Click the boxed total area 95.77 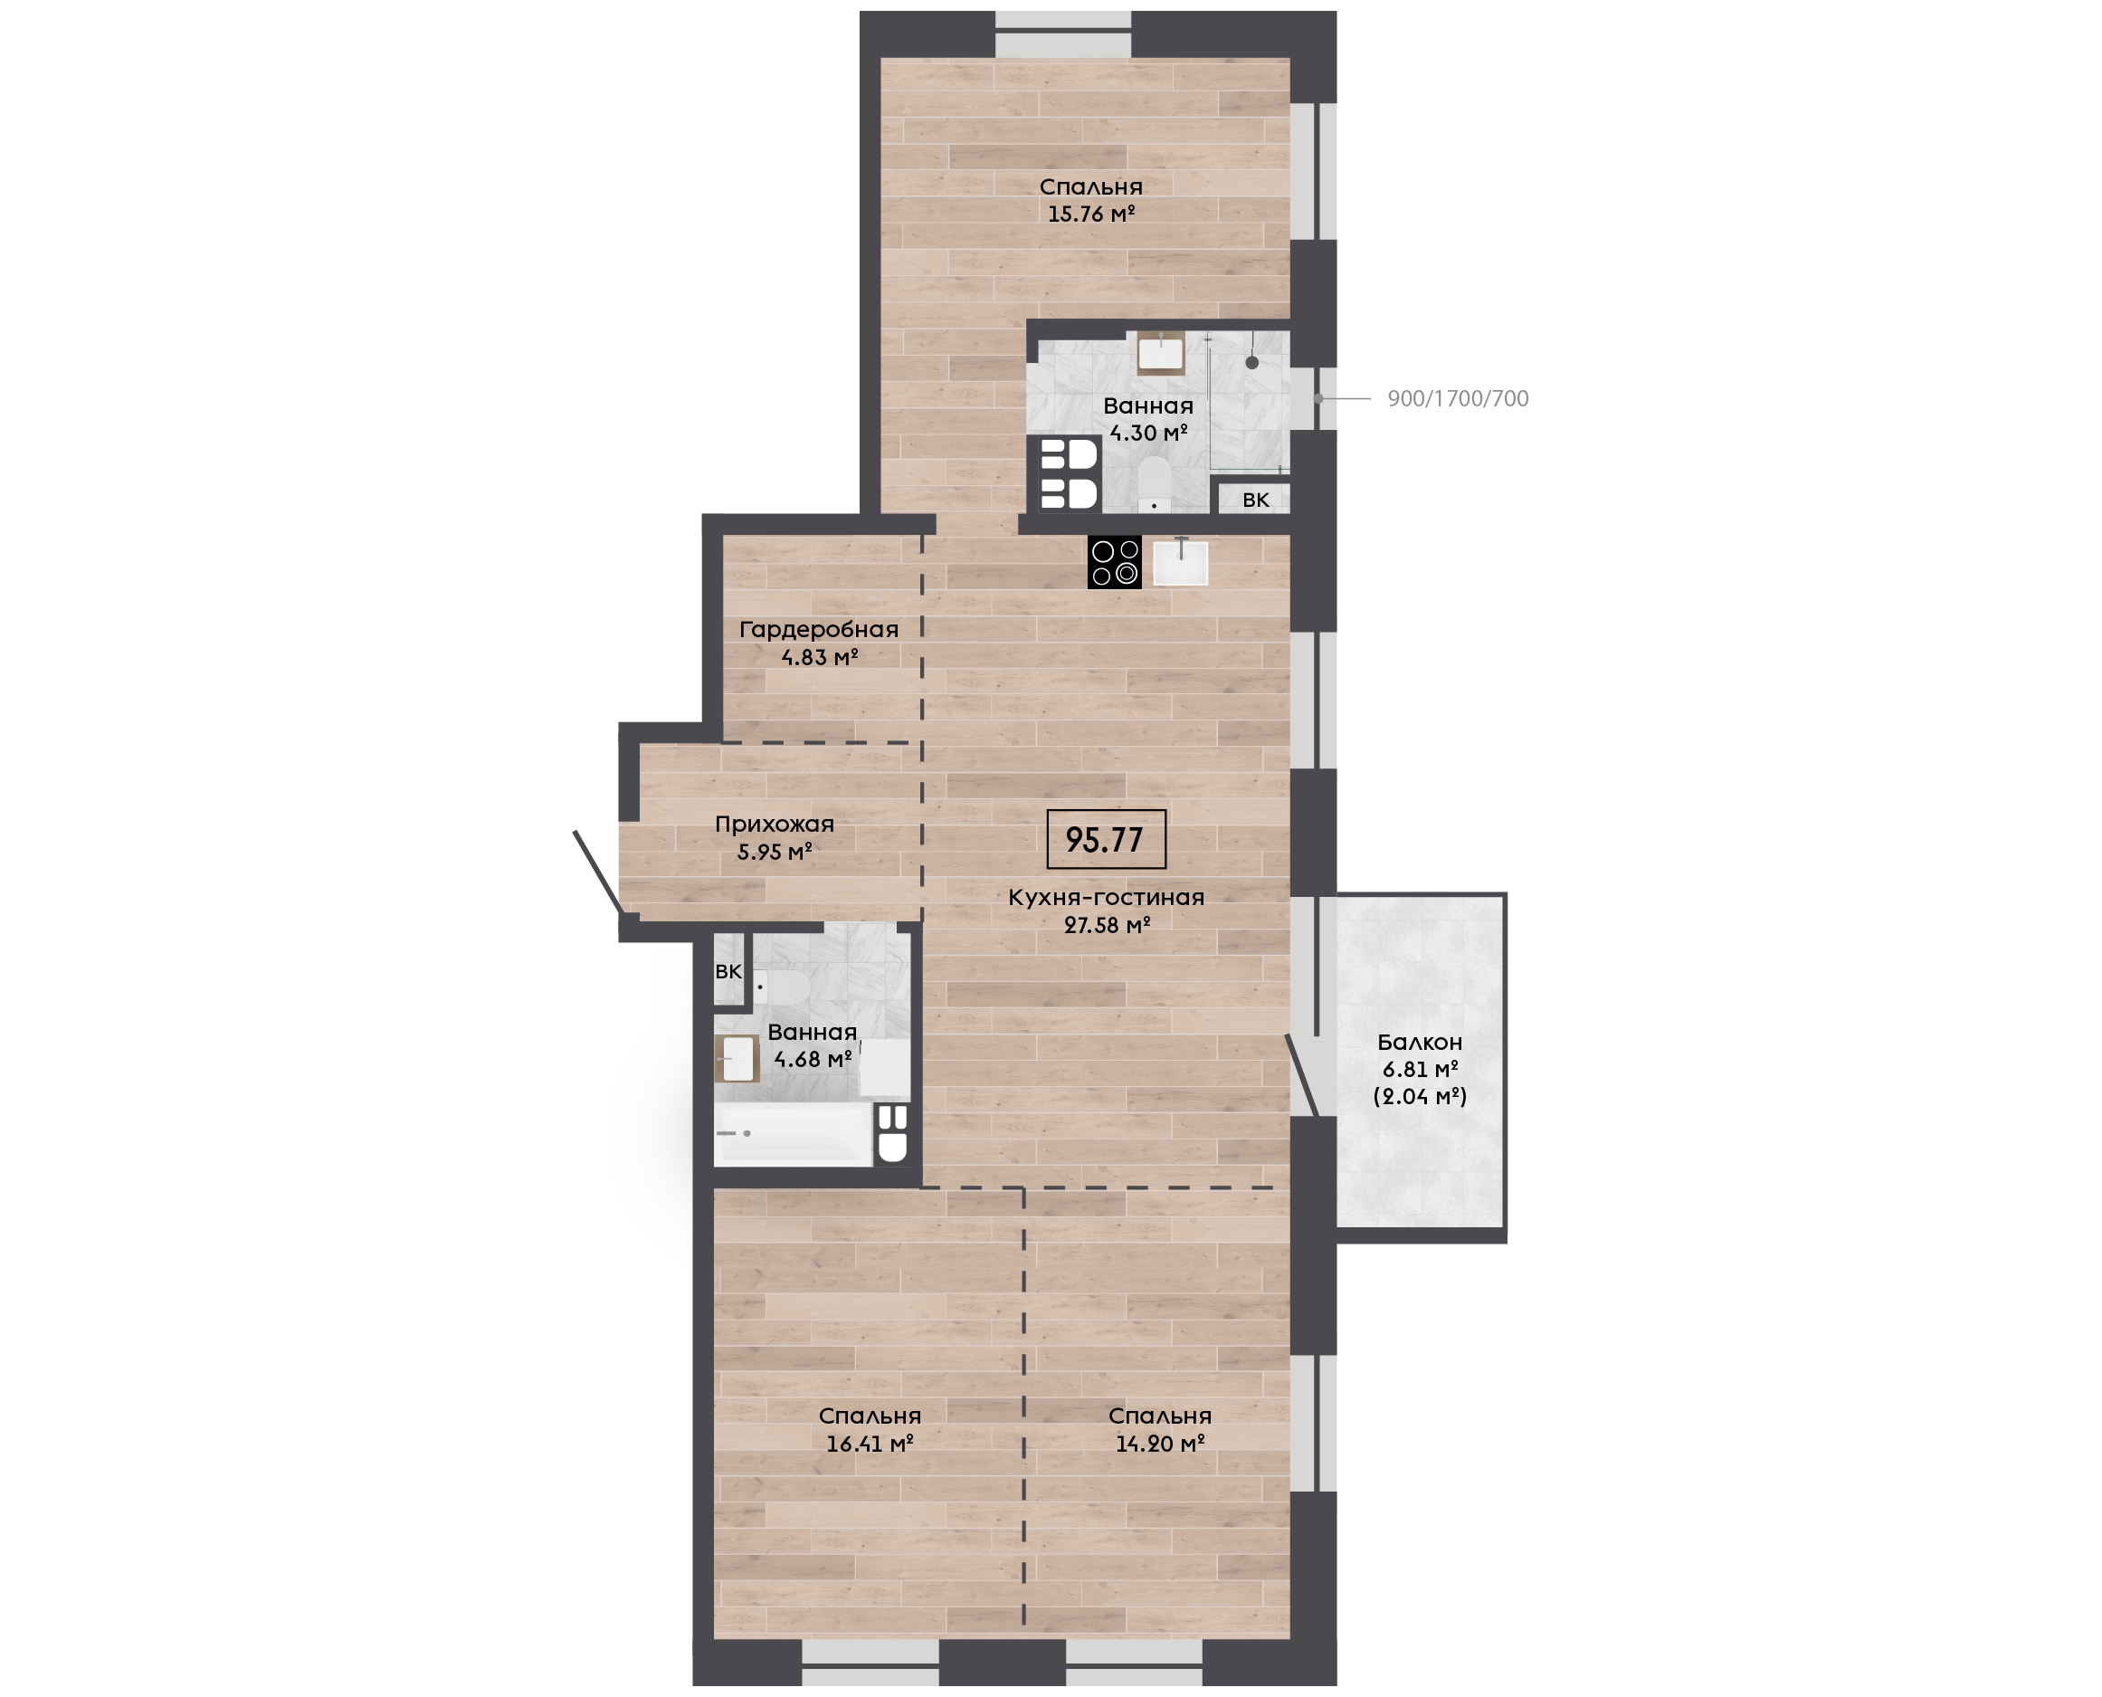1105,840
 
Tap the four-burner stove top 1114,562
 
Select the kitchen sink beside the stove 1181,562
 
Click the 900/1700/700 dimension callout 1458,399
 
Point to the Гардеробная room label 819,630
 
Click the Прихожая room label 774,824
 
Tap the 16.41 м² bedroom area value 870,1443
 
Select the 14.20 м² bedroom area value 1160,1443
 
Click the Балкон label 1420,1042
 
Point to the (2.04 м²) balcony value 1420,1096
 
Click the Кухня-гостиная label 1107,898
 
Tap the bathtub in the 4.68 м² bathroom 793,1134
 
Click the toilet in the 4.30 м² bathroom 1156,484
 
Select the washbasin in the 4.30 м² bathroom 1161,354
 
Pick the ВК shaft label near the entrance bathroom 728,972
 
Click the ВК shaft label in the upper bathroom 1256,500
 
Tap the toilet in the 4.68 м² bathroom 781,987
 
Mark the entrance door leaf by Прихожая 597,872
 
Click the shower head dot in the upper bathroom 1251,363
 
